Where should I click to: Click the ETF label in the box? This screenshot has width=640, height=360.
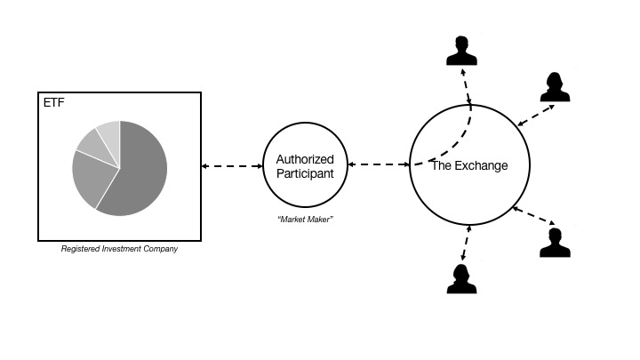pyautogui.click(x=53, y=103)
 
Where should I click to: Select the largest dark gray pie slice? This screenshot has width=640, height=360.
pyautogui.click(x=138, y=173)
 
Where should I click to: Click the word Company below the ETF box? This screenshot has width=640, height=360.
pyautogui.click(x=160, y=249)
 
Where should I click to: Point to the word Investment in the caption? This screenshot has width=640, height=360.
pyautogui.click(x=120, y=249)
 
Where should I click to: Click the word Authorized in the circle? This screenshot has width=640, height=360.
pyautogui.click(x=305, y=159)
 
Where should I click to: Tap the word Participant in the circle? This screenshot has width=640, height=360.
pyautogui.click(x=305, y=173)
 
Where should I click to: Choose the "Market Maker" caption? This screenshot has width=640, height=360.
pyautogui.click(x=305, y=219)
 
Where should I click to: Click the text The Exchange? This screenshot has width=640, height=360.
pyautogui.click(x=469, y=166)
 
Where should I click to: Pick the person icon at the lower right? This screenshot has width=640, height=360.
pyautogui.click(x=556, y=242)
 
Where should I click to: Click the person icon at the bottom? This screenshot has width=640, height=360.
pyautogui.click(x=461, y=277)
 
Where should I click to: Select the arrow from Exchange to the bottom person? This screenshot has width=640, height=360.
pyautogui.click(x=467, y=244)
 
